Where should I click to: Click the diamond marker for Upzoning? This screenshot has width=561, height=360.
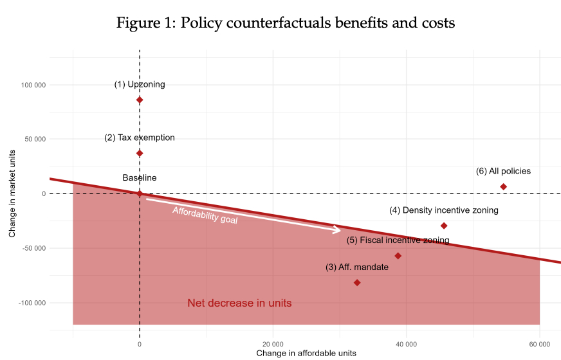click(x=140, y=100)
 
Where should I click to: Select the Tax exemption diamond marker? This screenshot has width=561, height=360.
click(x=140, y=153)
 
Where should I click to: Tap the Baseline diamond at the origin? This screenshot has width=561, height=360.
click(x=140, y=194)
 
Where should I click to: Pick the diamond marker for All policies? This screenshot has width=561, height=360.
click(x=503, y=186)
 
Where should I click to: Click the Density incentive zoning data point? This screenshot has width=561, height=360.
click(x=443, y=226)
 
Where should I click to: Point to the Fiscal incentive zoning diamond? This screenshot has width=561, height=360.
click(x=398, y=256)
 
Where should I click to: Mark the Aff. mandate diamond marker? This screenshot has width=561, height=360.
click(x=357, y=283)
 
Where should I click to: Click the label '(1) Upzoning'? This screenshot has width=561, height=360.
click(x=140, y=84)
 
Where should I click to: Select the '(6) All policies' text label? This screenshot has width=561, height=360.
click(x=503, y=171)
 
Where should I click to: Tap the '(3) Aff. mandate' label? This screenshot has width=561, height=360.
click(x=357, y=267)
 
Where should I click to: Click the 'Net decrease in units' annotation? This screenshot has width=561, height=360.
click(x=239, y=303)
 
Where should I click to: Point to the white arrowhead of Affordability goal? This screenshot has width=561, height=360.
click(x=337, y=230)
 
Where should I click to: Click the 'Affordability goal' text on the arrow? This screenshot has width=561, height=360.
click(x=205, y=215)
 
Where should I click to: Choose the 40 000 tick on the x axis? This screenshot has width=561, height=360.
click(x=406, y=344)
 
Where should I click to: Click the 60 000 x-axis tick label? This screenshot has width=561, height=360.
click(x=539, y=344)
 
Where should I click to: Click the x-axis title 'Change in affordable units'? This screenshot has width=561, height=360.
click(x=306, y=354)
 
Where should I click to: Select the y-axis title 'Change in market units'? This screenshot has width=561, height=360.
click(x=12, y=193)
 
